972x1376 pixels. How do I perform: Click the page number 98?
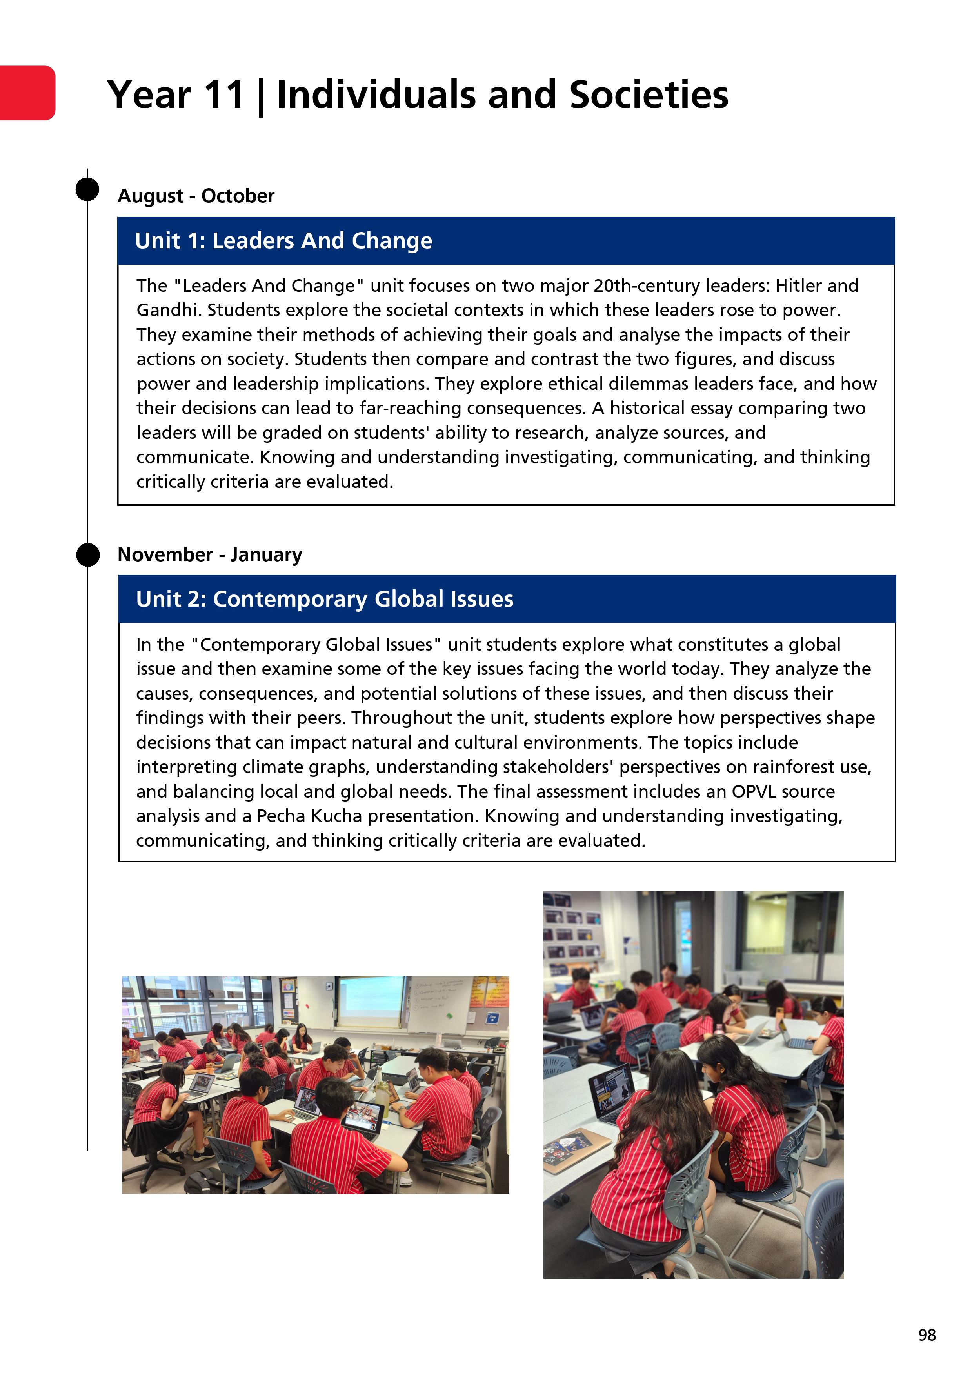[927, 1335]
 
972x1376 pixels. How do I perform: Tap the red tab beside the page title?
[27, 93]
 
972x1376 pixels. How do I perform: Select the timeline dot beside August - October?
[87, 189]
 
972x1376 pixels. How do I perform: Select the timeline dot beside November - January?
[87, 554]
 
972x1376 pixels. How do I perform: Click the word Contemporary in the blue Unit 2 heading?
[289, 599]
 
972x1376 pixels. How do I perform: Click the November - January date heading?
[210, 555]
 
